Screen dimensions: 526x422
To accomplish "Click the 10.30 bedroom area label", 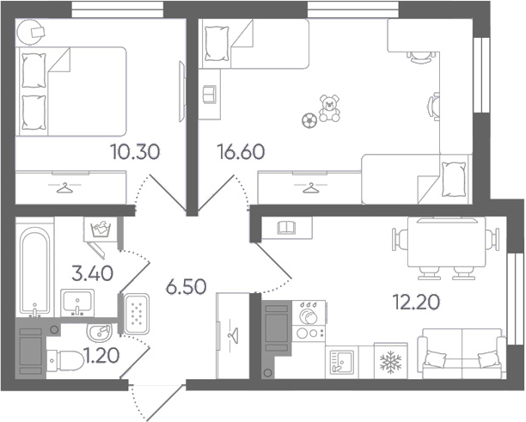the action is (x=136, y=152).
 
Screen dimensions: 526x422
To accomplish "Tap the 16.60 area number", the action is (x=241, y=151).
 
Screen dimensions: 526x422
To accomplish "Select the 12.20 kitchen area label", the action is (x=416, y=302).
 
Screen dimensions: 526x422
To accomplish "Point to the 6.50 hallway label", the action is (x=187, y=287).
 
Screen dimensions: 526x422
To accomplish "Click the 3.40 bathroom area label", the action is (x=93, y=273).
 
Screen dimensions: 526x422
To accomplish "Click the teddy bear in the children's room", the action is (x=329, y=108).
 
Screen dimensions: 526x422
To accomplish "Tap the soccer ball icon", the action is (x=309, y=120).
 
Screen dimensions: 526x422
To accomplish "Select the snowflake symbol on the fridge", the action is (x=390, y=362).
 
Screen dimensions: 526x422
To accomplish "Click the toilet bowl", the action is (x=64, y=361).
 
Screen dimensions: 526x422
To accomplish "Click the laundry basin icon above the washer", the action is (x=101, y=229).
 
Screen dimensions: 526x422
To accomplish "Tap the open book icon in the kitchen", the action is (x=286, y=227).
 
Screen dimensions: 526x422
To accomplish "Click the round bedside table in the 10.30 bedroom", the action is (x=30, y=32).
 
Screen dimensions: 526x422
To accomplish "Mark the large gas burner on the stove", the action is (x=308, y=315).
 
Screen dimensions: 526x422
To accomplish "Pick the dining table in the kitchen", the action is (x=446, y=242).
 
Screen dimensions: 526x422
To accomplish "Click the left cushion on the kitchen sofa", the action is (x=434, y=358).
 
